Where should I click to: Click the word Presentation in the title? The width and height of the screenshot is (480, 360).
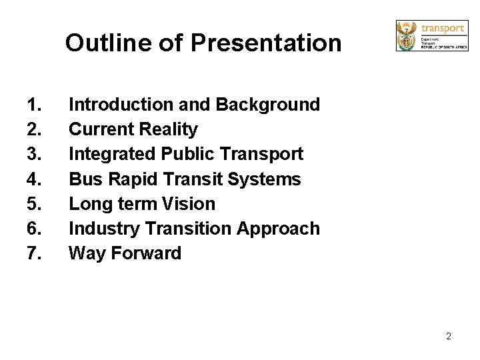click(266, 43)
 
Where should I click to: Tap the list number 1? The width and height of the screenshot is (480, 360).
click(33, 105)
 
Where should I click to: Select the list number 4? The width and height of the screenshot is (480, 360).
click(33, 179)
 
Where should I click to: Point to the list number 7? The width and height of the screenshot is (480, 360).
click(33, 253)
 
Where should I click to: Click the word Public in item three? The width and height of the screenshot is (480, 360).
click(188, 154)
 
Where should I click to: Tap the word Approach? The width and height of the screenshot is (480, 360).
click(279, 229)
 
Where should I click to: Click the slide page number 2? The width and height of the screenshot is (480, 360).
click(449, 336)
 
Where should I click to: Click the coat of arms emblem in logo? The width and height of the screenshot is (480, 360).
click(406, 35)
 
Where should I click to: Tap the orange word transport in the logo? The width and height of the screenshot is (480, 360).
click(443, 28)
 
